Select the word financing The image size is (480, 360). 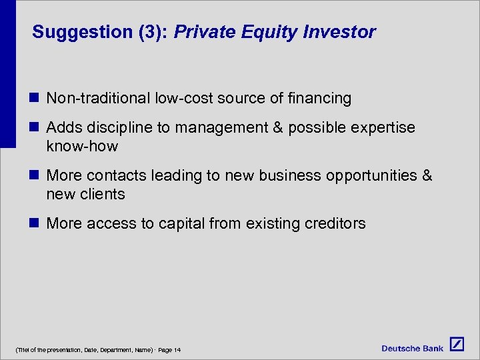(319, 99)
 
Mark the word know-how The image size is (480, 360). (82, 146)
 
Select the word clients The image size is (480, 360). (104, 194)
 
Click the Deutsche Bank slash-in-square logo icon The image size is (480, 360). (457, 345)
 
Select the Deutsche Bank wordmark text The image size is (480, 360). (412, 348)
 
